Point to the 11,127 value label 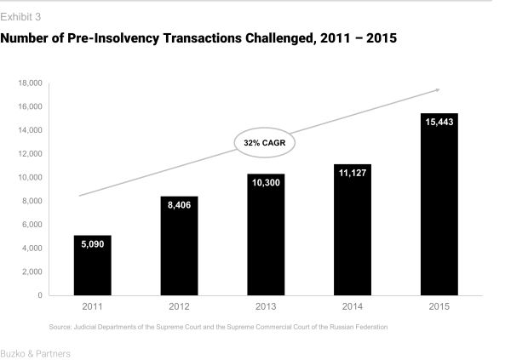tap(352, 173)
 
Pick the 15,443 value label tap(439, 123)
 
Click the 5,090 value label tap(92, 244)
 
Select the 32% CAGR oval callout tap(265, 143)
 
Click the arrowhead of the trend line tap(437, 89)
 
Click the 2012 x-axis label tap(179, 306)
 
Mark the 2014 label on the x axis tap(352, 306)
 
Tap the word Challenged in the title tap(282, 38)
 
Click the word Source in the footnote tap(62, 327)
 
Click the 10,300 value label tap(265, 182)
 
